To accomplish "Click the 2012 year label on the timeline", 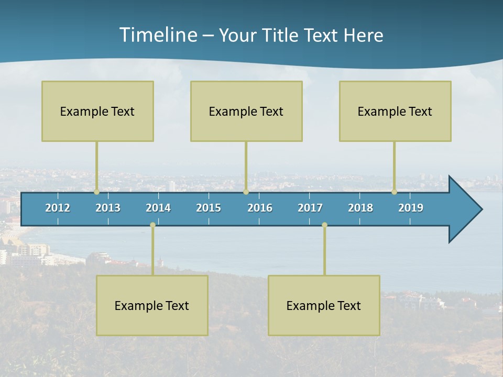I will [58, 208].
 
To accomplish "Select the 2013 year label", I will [108, 208].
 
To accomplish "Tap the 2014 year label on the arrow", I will [158, 208].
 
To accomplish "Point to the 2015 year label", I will [209, 208].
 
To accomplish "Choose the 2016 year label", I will [260, 208].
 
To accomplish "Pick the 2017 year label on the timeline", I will [310, 208].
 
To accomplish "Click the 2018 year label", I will [360, 208].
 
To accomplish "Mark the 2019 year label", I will [411, 208].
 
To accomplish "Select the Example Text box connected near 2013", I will [97, 111].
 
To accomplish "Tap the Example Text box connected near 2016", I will [246, 111].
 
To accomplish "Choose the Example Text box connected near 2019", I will [395, 111].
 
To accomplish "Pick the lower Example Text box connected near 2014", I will [152, 305].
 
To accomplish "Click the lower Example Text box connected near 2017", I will [324, 305].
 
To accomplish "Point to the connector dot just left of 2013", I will [96, 192].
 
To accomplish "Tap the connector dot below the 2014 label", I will [152, 225].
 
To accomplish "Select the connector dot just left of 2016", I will [246, 192].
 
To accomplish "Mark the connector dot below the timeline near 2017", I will [324, 225].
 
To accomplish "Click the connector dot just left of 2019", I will [394, 192].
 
